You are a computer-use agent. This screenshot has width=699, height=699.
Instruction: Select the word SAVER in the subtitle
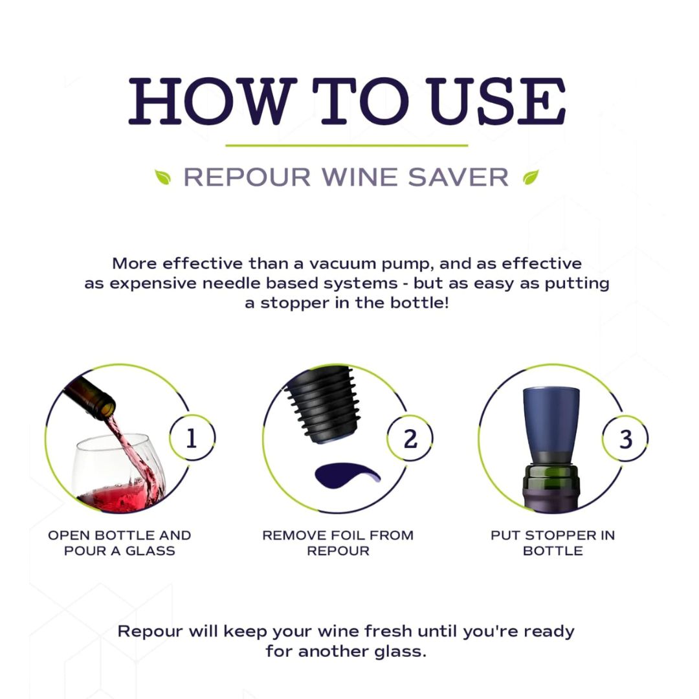[x=458, y=177]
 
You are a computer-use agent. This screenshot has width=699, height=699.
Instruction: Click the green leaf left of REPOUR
[x=162, y=177]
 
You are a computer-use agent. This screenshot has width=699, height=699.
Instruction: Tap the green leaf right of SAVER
[x=531, y=177]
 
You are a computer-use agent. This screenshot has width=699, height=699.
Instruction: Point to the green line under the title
[x=347, y=146]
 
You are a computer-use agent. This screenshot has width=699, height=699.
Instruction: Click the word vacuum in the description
[x=339, y=263]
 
